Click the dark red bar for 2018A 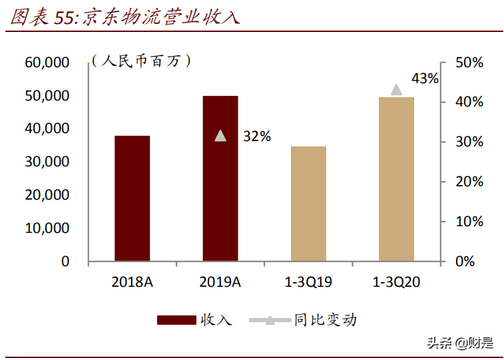pos(132,198)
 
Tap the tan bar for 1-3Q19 pos(308,204)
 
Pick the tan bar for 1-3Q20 pos(396,179)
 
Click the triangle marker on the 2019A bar pos(220,136)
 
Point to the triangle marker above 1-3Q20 pos(396,90)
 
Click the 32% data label pos(257,136)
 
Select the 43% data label pos(425,79)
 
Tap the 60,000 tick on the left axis pos(47,63)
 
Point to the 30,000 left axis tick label pos(47,162)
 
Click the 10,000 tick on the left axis pos(47,228)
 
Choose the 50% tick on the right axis pos(469,63)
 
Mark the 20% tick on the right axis pos(469,182)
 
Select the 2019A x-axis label pos(220,281)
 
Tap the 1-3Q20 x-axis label pos(395,281)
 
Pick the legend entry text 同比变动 pos(326,320)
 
